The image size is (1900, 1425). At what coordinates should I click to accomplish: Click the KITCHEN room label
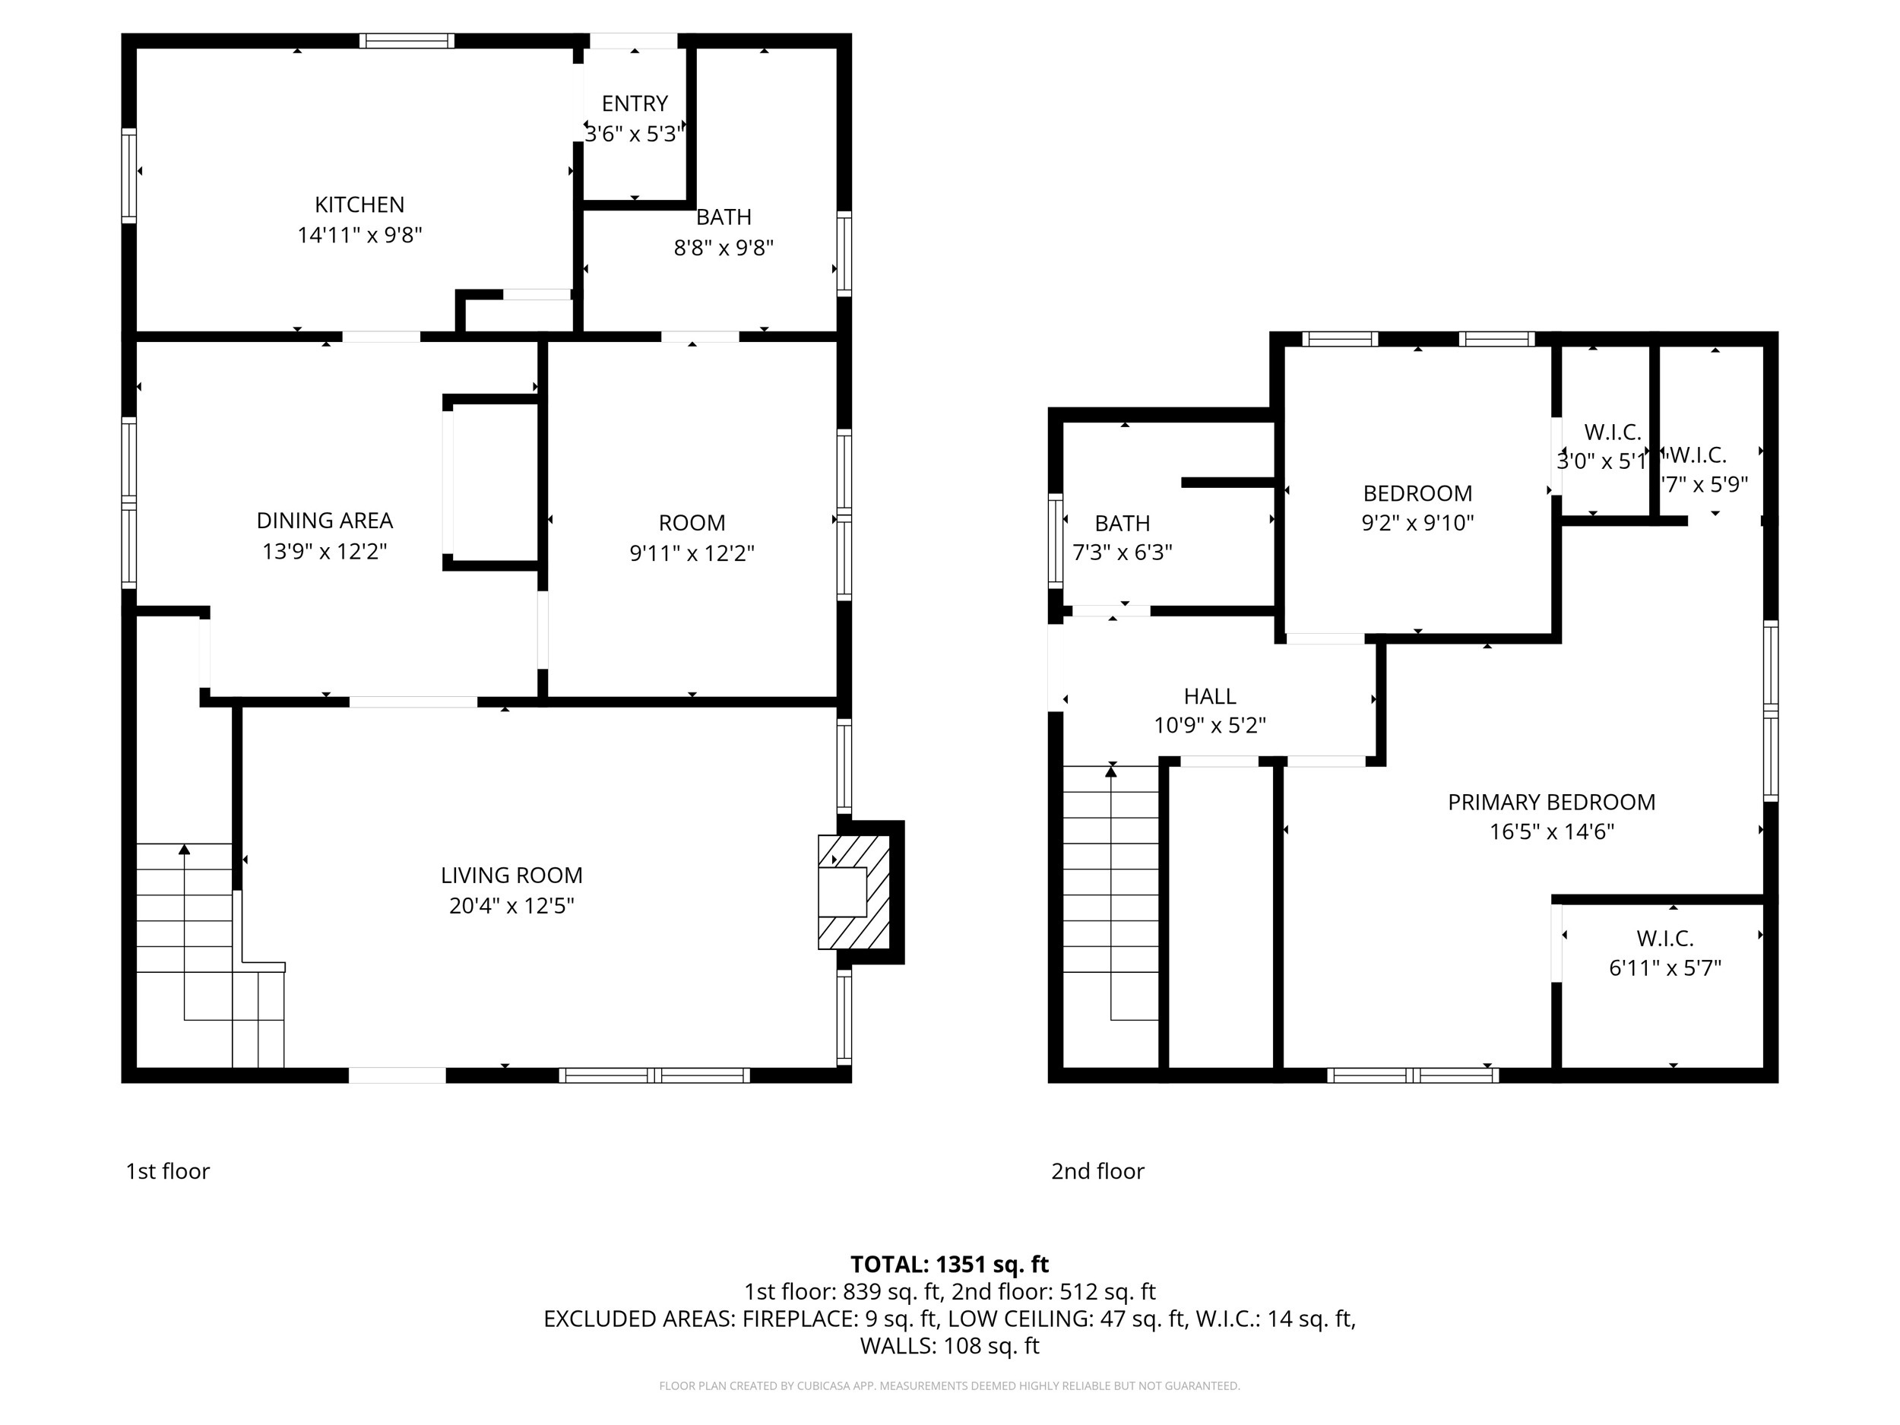[359, 204]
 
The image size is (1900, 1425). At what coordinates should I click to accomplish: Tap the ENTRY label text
[634, 104]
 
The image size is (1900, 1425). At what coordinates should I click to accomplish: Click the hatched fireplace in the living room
[853, 891]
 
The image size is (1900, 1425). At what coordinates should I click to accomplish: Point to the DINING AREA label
[325, 521]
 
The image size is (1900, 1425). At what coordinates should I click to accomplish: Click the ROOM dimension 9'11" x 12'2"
[692, 553]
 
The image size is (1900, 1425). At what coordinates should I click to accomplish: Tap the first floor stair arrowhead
[184, 850]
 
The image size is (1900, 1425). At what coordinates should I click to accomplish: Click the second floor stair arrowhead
[1110, 771]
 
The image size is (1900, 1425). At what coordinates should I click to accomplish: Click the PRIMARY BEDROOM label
[1551, 803]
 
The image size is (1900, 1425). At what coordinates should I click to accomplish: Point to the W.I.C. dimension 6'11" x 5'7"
[1664, 968]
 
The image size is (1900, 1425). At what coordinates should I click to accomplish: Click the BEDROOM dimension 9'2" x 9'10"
[1417, 522]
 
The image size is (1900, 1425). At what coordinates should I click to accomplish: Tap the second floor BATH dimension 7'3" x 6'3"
[1122, 553]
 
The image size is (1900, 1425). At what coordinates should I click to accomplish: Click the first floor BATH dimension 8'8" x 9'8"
[724, 249]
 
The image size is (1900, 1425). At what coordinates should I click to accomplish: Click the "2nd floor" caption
[1097, 1170]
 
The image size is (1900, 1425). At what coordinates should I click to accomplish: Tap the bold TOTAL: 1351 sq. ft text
[949, 1265]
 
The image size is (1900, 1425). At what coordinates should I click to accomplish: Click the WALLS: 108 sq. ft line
[949, 1345]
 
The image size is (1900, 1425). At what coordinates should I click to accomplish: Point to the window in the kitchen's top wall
[407, 40]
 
